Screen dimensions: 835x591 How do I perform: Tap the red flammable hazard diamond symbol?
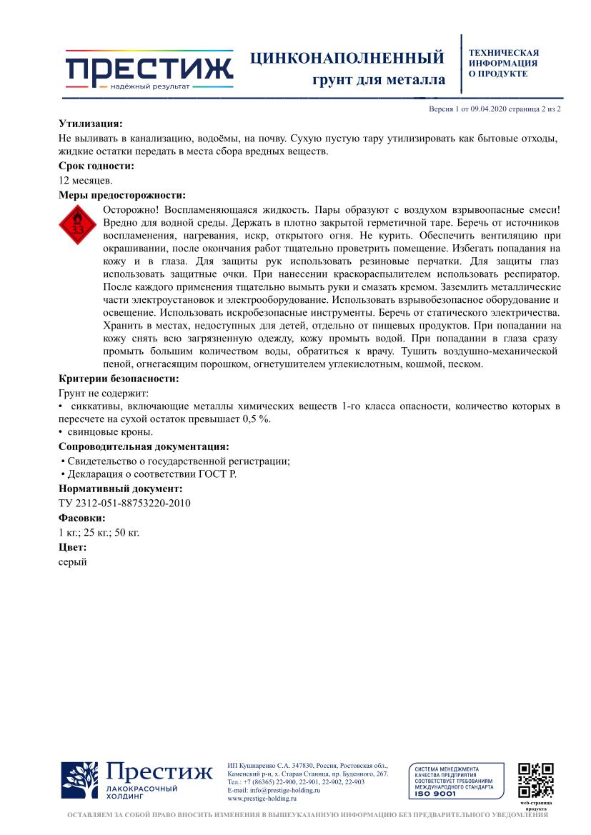(x=77, y=227)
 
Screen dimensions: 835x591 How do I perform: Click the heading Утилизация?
(x=90, y=124)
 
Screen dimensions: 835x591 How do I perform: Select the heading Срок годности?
(x=96, y=166)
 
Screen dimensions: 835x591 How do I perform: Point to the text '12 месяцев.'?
(x=85, y=180)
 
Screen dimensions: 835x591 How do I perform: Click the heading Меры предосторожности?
(x=121, y=194)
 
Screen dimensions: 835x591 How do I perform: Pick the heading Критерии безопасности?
(x=118, y=379)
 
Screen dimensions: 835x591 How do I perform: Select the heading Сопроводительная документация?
(x=144, y=446)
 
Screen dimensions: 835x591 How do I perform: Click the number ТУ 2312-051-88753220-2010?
(x=124, y=503)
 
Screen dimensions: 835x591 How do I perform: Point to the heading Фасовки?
(x=81, y=518)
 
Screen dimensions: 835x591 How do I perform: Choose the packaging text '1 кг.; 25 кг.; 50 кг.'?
(x=99, y=532)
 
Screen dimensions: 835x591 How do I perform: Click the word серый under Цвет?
(x=72, y=561)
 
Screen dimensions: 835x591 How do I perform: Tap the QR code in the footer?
(x=536, y=780)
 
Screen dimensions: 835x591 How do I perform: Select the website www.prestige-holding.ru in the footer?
(x=262, y=799)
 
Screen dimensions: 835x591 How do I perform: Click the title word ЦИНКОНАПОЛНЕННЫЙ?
(x=347, y=58)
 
